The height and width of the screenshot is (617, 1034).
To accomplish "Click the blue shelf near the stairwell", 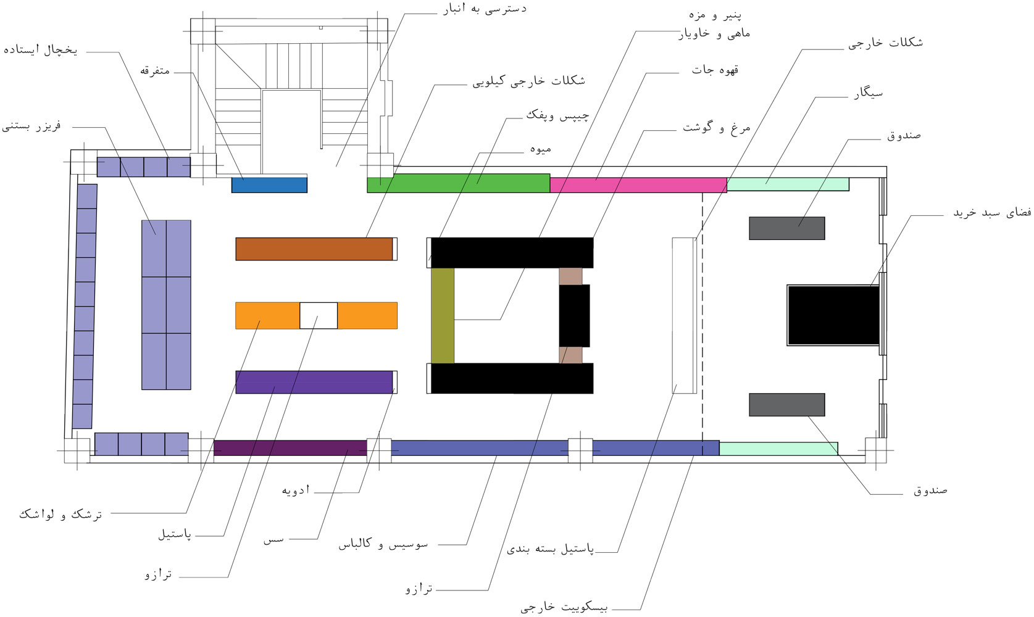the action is (x=269, y=185).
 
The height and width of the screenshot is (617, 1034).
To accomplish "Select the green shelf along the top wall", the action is (x=459, y=183).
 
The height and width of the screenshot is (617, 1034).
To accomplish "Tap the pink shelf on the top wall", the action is (x=638, y=185).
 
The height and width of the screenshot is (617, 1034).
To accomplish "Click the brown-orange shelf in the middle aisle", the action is (x=314, y=249).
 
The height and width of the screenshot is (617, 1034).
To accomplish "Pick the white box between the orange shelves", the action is (x=319, y=316).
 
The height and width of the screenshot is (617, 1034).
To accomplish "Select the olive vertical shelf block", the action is (x=443, y=316).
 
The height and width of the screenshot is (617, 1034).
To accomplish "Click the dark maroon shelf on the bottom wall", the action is (x=290, y=448).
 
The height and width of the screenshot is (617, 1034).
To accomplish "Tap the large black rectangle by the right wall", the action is (x=833, y=315).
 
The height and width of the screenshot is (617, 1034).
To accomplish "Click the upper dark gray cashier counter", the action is (x=787, y=228).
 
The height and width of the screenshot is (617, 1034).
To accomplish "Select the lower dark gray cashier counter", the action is (x=787, y=405).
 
